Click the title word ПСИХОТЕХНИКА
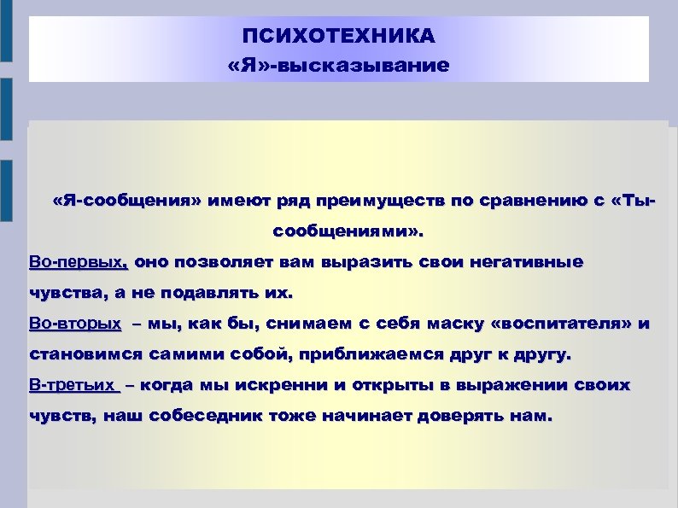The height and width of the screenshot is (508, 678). tap(338, 37)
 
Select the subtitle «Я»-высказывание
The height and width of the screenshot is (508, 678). tap(338, 65)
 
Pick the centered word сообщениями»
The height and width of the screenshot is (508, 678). tap(347, 231)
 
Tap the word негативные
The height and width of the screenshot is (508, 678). tap(524, 262)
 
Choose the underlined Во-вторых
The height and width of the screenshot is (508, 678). tap(75, 324)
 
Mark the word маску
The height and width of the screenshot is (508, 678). tap(453, 324)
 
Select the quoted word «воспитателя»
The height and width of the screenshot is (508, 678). tap(564, 324)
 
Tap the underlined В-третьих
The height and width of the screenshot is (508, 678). tap(73, 385)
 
